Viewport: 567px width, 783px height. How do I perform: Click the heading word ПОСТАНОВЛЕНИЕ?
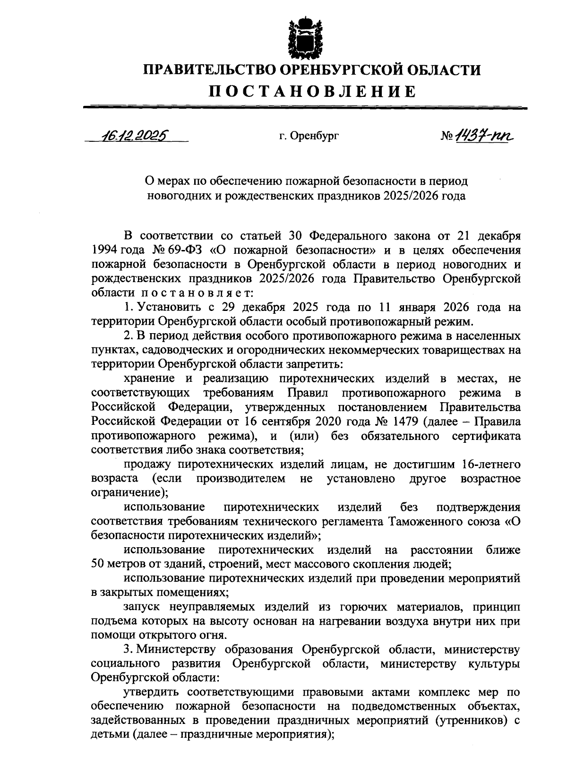point(312,91)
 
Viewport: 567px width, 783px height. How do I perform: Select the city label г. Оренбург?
point(309,137)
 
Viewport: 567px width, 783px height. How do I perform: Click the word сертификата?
point(491,436)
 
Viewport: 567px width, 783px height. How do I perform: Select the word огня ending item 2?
point(187,635)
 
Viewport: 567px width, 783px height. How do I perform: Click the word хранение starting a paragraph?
point(147,379)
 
